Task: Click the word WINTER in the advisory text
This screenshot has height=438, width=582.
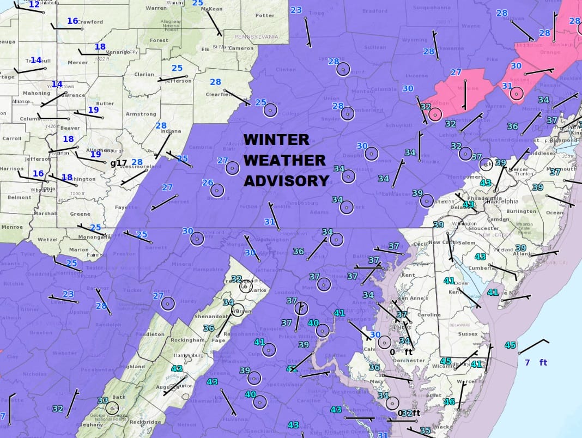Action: click(x=276, y=139)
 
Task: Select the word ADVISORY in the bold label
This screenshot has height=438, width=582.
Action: click(x=286, y=181)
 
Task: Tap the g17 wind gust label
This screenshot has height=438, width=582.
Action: click(x=118, y=163)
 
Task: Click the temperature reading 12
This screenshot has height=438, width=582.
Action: click(x=34, y=4)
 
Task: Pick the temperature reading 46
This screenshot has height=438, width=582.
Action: click(x=449, y=402)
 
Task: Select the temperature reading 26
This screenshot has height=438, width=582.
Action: click(x=208, y=182)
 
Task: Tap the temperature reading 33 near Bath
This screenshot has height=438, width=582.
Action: click(x=102, y=400)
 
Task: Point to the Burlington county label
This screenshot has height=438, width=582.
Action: click(x=521, y=211)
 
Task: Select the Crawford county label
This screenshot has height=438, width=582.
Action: click(x=90, y=22)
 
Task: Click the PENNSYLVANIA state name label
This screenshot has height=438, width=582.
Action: click(x=255, y=36)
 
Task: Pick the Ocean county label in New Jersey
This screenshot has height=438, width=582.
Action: click(x=555, y=212)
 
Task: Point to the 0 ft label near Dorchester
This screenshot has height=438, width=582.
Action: click(x=400, y=352)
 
